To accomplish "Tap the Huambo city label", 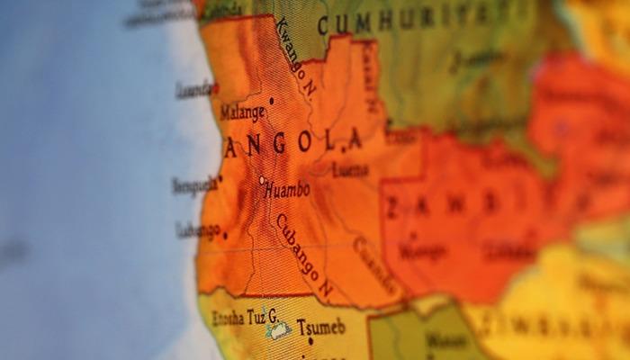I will point(287,189).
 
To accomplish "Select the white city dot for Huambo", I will point(262,180).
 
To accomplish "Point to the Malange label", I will point(243,113).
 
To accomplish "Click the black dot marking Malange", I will point(271,101).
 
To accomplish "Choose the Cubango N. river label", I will point(304,257).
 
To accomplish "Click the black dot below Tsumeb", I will point(310,341).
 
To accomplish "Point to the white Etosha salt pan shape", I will point(278,331).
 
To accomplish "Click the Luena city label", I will point(350,169).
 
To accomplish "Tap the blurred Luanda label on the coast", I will point(193,89).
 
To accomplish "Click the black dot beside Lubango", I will point(224,237).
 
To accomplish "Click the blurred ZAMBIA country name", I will point(468,205).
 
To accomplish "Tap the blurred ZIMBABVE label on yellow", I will point(558,326).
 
